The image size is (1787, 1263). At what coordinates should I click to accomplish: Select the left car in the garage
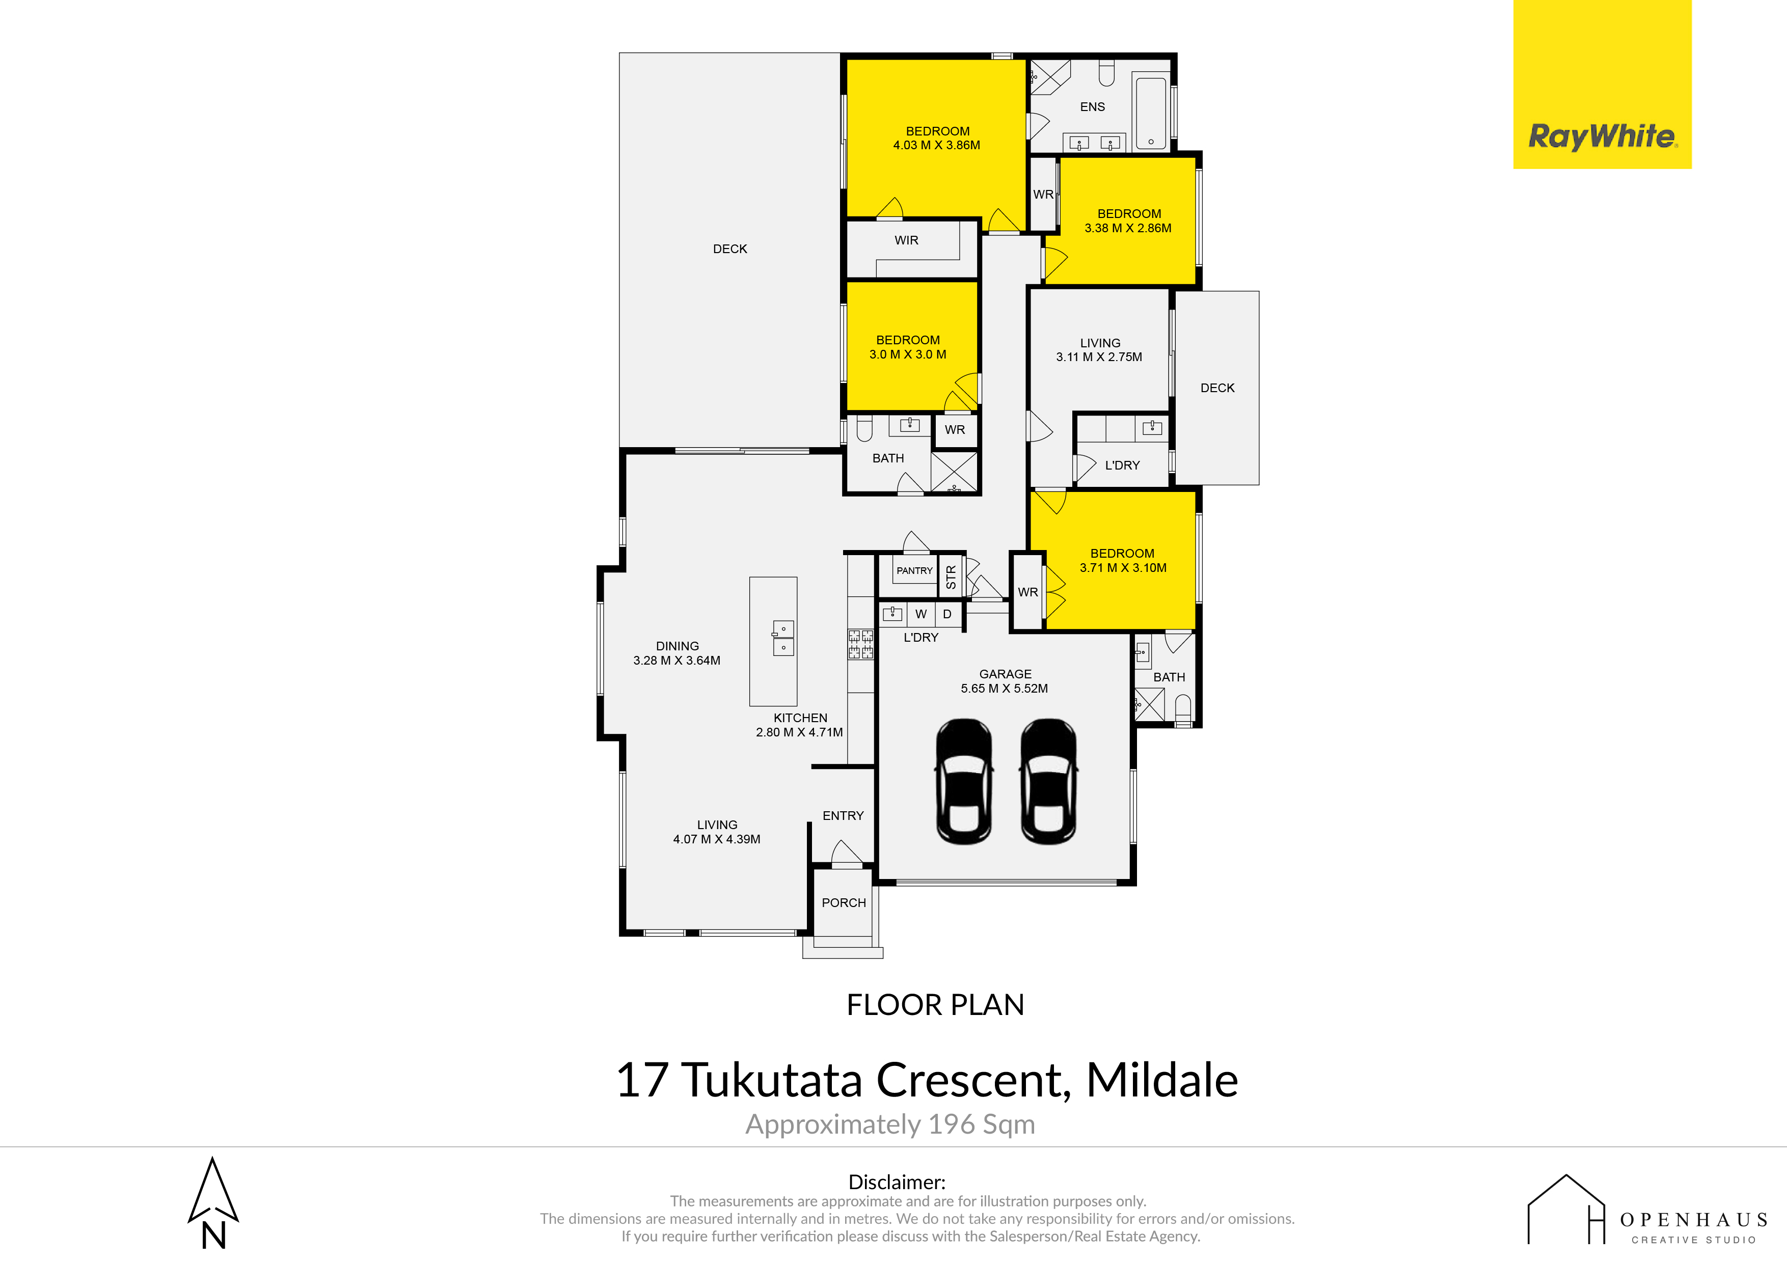pyautogui.click(x=964, y=781)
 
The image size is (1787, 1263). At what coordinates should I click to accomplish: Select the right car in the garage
pyautogui.click(x=1048, y=781)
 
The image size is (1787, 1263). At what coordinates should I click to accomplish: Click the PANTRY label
pyautogui.click(x=914, y=570)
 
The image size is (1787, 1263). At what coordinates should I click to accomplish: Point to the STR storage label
pyautogui.click(x=951, y=576)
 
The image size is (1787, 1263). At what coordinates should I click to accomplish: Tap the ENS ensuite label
pyautogui.click(x=1093, y=106)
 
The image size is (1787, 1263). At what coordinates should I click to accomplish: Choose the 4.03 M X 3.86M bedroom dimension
pyautogui.click(x=936, y=145)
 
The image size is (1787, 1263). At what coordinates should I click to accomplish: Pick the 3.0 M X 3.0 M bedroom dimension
pyautogui.click(x=908, y=354)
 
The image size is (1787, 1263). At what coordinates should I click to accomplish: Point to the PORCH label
pyautogui.click(x=844, y=903)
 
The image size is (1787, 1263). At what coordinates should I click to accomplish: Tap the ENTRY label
pyautogui.click(x=843, y=815)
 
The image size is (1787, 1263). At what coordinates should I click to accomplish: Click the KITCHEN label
pyautogui.click(x=800, y=718)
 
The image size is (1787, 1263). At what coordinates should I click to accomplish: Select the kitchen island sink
pyautogui.click(x=783, y=638)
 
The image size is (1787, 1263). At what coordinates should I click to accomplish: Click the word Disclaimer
pyautogui.click(x=897, y=1182)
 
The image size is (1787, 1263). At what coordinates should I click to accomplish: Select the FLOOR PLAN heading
pyautogui.click(x=936, y=1005)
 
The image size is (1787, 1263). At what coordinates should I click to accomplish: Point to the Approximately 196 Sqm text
pyautogui.click(x=890, y=1124)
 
